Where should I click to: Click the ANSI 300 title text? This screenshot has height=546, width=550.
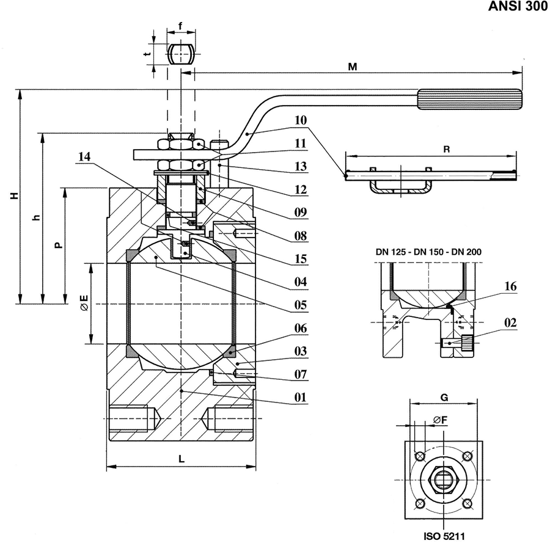tap(518, 6)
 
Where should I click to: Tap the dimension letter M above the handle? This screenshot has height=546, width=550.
tap(352, 67)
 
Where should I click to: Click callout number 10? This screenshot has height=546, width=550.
tap(300, 120)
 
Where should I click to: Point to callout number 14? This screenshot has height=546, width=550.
tap(84, 156)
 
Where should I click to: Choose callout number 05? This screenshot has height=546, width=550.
tap(301, 305)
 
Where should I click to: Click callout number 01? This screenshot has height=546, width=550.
tap(301, 398)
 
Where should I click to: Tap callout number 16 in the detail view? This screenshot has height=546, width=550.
tap(510, 286)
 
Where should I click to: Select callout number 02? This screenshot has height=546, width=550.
tap(510, 322)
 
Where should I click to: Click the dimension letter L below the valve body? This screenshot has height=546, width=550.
tap(182, 459)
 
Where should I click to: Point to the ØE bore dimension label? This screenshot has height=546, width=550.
tap(84, 303)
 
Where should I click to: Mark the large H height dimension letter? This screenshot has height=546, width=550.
tap(14, 195)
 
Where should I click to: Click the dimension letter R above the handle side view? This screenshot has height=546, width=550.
tap(447, 150)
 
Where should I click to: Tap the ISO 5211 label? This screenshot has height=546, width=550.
tap(444, 536)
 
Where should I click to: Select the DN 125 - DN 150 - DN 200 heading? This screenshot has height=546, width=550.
tap(428, 252)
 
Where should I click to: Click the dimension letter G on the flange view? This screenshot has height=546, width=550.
tap(444, 398)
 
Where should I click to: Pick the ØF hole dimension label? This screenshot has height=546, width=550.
tap(441, 420)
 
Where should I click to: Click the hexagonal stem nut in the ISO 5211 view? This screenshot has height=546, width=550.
tap(444, 480)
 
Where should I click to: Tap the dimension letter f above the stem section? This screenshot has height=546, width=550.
tap(181, 26)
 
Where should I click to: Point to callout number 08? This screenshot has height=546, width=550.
tap(301, 236)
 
